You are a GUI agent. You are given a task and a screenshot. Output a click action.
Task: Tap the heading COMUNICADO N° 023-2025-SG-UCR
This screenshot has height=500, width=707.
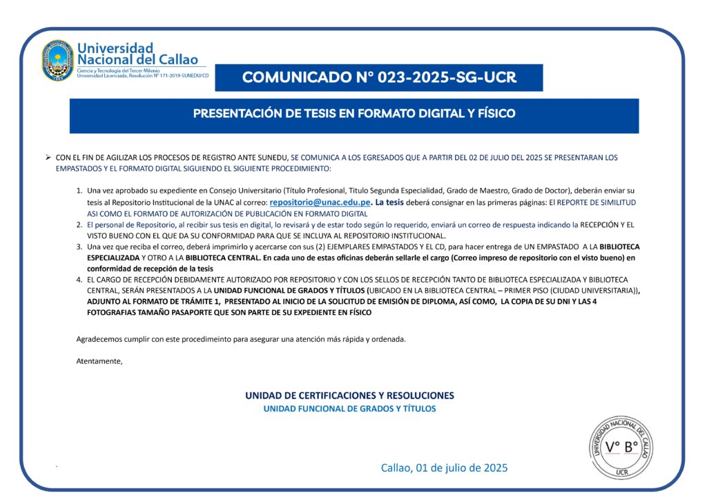coord(379,77)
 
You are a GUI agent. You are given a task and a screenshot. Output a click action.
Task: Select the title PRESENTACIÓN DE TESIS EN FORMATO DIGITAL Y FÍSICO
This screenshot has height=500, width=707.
coord(354,113)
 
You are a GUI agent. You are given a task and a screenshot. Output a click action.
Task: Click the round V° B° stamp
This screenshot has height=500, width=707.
coord(621,447)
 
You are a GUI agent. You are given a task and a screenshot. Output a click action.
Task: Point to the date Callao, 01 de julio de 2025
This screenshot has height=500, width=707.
coord(444,468)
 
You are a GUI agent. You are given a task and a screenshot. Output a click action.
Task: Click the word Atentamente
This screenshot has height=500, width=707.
coord(99,361)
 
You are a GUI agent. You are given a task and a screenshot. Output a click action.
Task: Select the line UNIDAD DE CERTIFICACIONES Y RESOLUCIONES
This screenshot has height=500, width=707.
coord(349,396)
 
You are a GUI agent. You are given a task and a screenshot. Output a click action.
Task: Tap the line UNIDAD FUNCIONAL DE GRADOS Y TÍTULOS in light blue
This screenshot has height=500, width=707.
coord(349,409)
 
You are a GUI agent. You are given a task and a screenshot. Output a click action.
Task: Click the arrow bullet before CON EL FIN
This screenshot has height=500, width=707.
coord(48,157)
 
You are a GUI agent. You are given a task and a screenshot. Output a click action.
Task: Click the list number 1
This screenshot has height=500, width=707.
coord(79,190)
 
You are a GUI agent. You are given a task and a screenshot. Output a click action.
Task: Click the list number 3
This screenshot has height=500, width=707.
coord(79,247)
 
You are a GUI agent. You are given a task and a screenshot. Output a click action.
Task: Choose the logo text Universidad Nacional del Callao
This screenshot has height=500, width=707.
coord(137,54)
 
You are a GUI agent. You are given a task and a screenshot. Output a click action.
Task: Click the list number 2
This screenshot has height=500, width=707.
coord(79,225)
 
